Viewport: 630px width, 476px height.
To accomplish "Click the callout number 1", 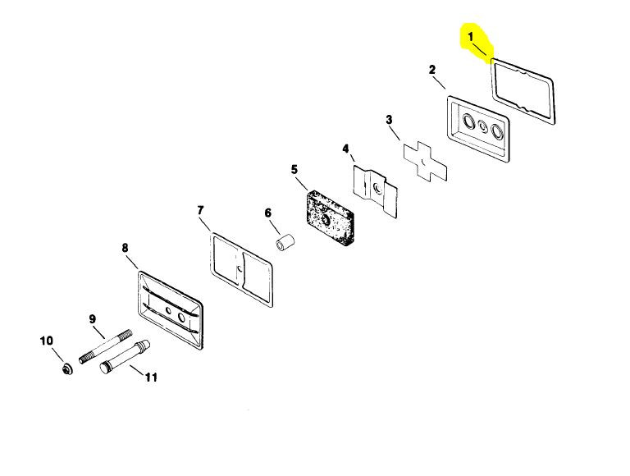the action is click(x=471, y=37).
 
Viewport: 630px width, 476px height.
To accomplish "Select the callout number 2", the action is click(x=432, y=70).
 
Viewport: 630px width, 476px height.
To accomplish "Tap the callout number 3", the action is click(x=389, y=120).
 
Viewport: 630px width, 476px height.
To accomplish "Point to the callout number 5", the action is click(x=294, y=170).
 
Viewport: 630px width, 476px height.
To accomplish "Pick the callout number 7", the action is click(x=200, y=210).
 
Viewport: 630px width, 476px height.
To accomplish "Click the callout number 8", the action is click(x=125, y=248).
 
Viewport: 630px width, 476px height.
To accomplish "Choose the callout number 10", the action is click(x=47, y=341).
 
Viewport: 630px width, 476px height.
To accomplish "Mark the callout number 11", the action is click(x=151, y=377).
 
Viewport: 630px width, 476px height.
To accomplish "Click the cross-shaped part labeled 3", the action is click(x=425, y=162).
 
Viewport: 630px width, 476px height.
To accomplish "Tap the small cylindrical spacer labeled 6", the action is click(x=285, y=241).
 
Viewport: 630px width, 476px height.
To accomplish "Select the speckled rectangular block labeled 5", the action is click(x=330, y=217).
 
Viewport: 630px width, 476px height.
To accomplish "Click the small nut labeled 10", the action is click(x=67, y=368).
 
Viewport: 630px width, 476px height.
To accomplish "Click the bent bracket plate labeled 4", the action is click(x=375, y=191).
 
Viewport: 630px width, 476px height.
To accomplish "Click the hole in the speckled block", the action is click(x=326, y=219).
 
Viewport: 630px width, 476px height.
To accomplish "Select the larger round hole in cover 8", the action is click(x=181, y=318).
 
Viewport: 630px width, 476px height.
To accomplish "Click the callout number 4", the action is click(x=345, y=149).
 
